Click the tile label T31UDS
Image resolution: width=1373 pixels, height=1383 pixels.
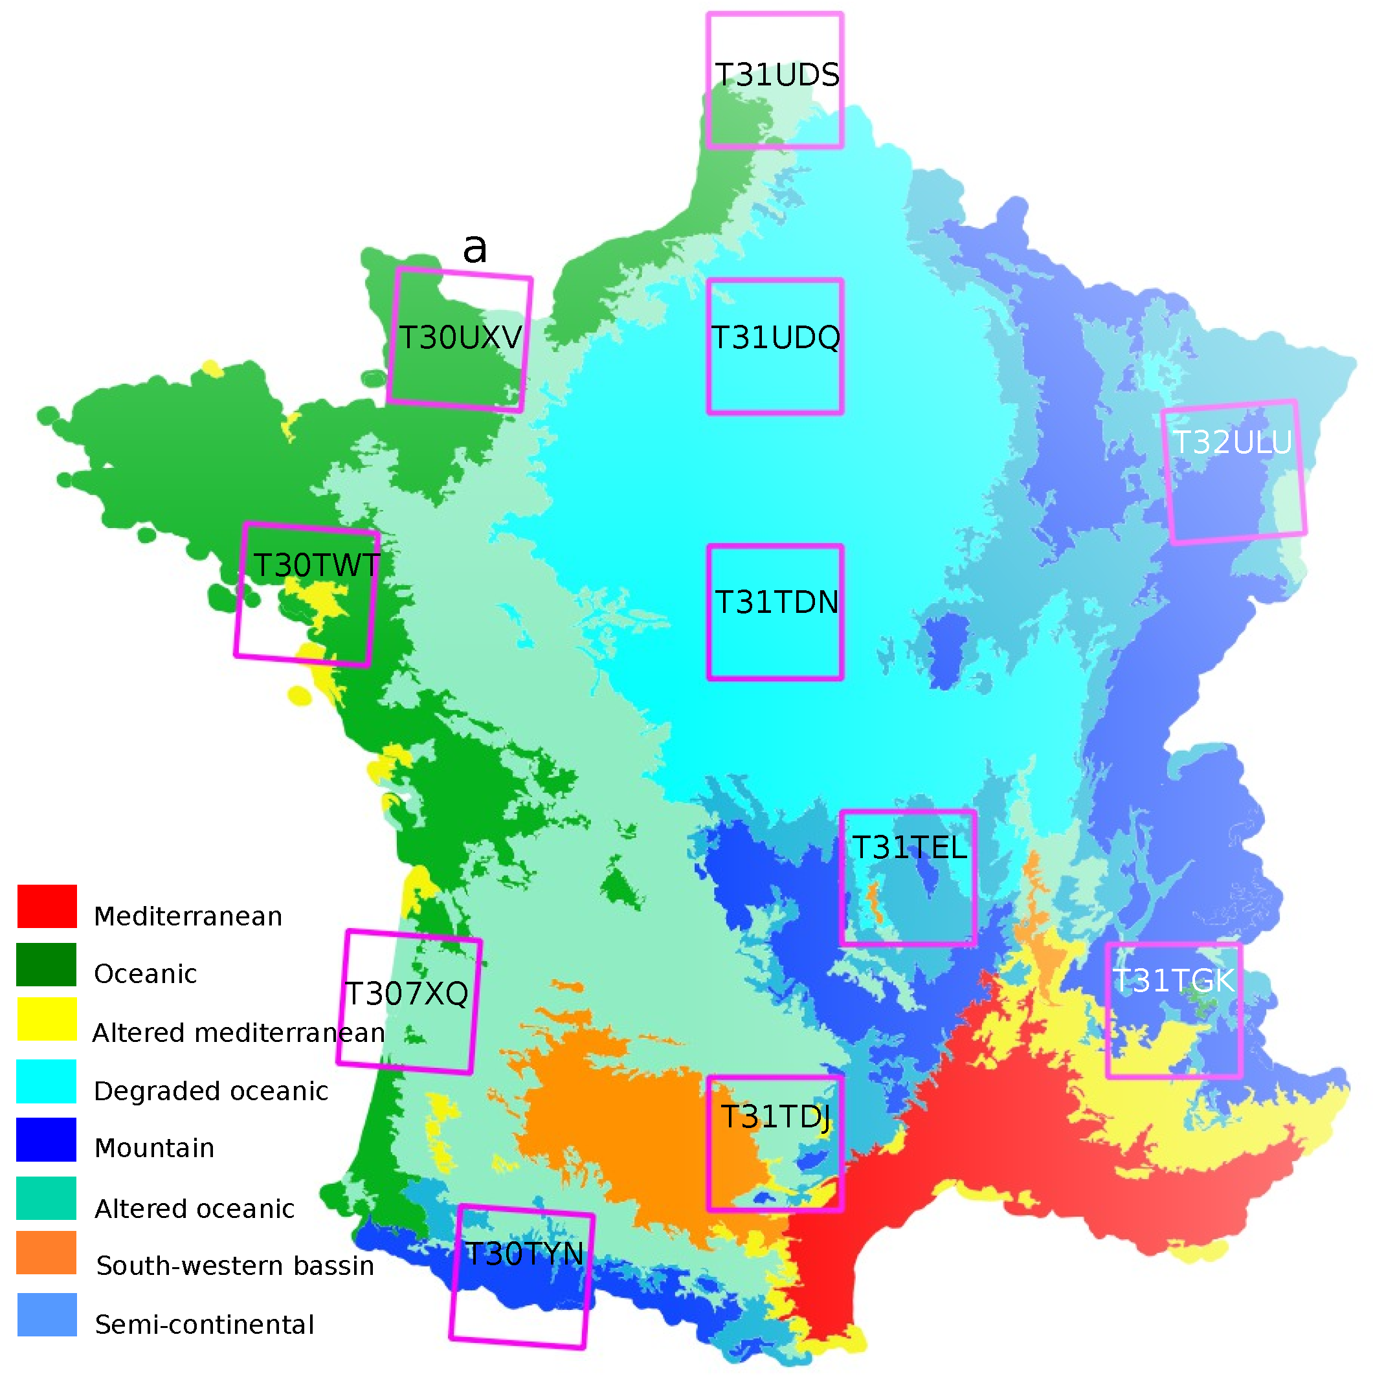[x=777, y=75]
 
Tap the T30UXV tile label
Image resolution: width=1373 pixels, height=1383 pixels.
[x=460, y=338]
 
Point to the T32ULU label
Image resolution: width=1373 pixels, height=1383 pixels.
[x=1233, y=443]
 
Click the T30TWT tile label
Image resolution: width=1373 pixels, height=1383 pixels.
[x=317, y=566]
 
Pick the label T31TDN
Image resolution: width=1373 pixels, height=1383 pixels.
[x=777, y=602]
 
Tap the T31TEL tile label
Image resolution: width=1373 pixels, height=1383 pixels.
[x=909, y=848]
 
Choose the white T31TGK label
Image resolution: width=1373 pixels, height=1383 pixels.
[x=1174, y=980]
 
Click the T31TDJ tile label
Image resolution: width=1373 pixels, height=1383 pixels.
[x=776, y=1117]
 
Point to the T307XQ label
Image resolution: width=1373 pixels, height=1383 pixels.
[x=407, y=993]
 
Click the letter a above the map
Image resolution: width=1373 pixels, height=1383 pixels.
[x=474, y=249]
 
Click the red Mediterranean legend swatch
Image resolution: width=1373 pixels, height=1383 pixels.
[x=47, y=906]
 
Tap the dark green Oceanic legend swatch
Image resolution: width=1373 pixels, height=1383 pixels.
[x=47, y=964]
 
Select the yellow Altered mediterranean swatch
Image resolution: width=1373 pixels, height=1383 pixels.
[x=47, y=1019]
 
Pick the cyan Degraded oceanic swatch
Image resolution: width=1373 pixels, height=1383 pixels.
[x=47, y=1081]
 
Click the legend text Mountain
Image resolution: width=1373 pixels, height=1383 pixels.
[x=155, y=1148]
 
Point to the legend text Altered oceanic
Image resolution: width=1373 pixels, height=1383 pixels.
[x=195, y=1209]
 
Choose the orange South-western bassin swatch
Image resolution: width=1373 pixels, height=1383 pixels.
[x=47, y=1253]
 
